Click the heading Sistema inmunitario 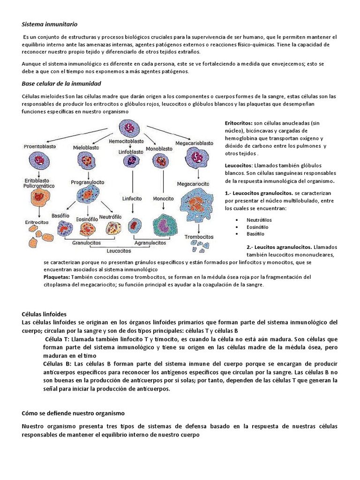click(x=50, y=23)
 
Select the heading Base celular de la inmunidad click(x=61, y=83)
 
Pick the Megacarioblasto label click(x=194, y=142)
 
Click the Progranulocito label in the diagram click(x=88, y=182)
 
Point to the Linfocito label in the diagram click(x=133, y=199)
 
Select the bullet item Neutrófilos click(x=259, y=219)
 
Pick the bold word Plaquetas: click(x=56, y=277)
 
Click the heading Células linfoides click(x=45, y=314)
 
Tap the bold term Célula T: click(x=57, y=339)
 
